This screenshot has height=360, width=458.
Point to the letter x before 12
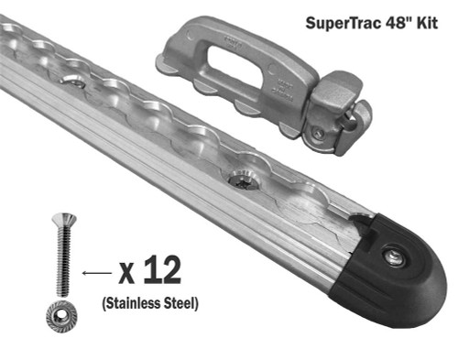(x=127, y=273)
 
